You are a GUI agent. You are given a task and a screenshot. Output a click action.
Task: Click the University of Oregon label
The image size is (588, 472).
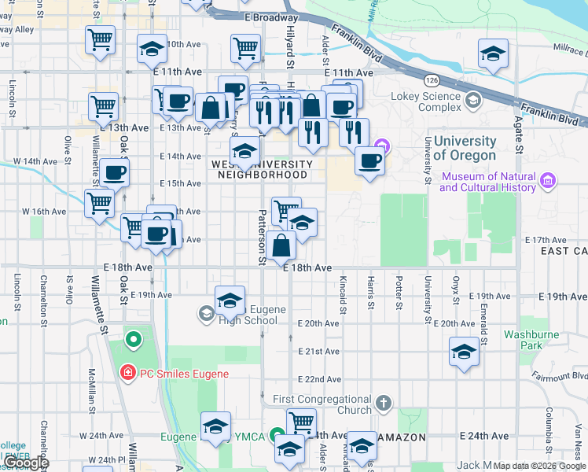465,149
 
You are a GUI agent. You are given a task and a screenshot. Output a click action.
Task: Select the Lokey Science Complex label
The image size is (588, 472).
426,101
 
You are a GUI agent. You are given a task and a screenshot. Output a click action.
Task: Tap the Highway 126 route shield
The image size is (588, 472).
432,80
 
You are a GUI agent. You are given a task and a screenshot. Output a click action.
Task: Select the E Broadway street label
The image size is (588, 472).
271,17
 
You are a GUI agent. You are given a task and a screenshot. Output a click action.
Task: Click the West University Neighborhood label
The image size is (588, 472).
263,169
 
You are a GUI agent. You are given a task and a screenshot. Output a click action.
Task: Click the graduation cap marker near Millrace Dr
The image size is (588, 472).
493,53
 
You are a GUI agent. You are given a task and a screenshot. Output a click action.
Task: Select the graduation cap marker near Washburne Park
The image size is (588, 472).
464,351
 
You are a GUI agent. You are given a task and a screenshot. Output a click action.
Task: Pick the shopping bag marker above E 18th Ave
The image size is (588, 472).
281,245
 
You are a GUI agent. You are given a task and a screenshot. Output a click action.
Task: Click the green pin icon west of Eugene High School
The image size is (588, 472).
134,341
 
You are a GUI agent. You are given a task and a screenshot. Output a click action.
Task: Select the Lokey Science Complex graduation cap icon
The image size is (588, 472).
473,101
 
